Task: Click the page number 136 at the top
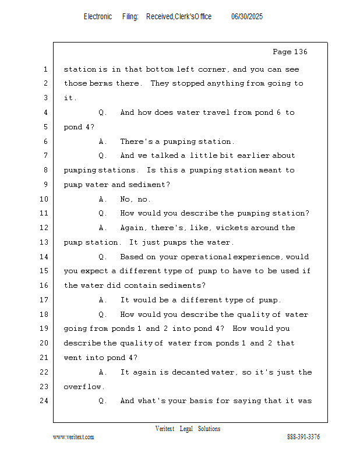tap(299, 52)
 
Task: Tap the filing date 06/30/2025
tap(247, 17)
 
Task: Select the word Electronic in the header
tap(98, 17)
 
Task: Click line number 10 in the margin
tap(44, 199)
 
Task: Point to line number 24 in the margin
tap(44, 401)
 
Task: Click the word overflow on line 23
tap(82, 387)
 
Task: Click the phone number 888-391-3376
tap(303, 436)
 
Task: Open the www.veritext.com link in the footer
tap(73, 437)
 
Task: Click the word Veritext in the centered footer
tap(165, 429)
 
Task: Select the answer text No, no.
tap(135, 199)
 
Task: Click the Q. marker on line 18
tap(103, 315)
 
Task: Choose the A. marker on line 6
tap(103, 142)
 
